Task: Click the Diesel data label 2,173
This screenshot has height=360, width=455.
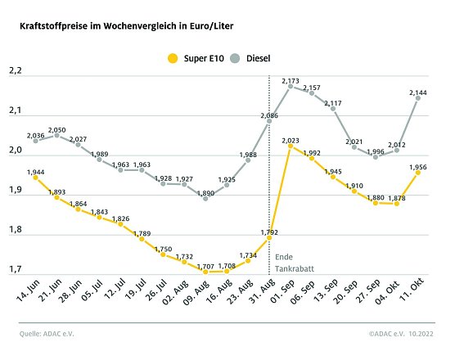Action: click(291, 80)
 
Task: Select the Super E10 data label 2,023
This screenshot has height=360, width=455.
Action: click(291, 142)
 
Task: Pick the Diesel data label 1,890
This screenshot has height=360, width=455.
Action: click(205, 193)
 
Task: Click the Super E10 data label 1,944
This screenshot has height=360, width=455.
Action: click(35, 172)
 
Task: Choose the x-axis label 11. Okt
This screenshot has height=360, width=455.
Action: click(414, 295)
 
